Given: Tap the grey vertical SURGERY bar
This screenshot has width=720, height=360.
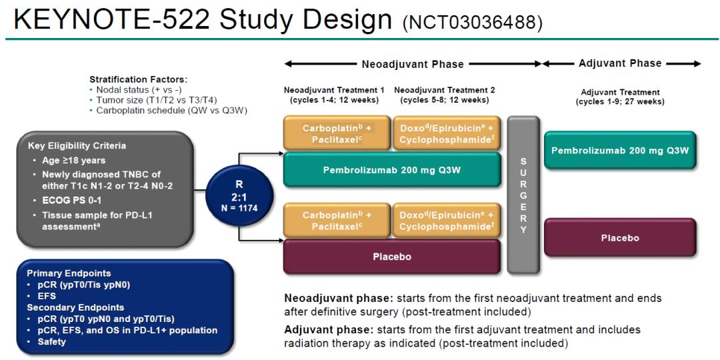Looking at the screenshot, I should click(523, 195).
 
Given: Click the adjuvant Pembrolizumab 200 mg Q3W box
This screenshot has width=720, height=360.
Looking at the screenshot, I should click(620, 150).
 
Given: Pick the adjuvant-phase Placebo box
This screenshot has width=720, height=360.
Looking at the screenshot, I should click(620, 238).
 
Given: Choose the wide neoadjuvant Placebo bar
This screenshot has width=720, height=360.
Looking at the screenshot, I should click(392, 257).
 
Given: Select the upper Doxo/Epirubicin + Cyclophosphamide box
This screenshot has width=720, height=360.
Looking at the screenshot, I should click(446, 132).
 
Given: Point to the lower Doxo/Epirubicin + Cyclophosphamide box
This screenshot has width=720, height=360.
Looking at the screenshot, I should click(446, 221).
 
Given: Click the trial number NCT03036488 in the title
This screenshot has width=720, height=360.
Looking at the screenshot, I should click(473, 24).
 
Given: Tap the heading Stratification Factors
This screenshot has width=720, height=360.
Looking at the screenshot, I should click(138, 79).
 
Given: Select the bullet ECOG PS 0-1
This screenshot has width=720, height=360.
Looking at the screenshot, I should click(67, 199).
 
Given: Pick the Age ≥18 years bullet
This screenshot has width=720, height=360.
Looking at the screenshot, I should click(68, 160).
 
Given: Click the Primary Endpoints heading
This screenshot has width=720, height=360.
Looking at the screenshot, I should click(69, 273).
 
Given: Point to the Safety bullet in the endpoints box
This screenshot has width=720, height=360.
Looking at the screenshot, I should click(53, 342).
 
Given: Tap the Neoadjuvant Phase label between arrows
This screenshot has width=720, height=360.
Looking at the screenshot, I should click(412, 65).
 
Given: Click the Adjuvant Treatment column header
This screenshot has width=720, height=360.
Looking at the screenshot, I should click(620, 92).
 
